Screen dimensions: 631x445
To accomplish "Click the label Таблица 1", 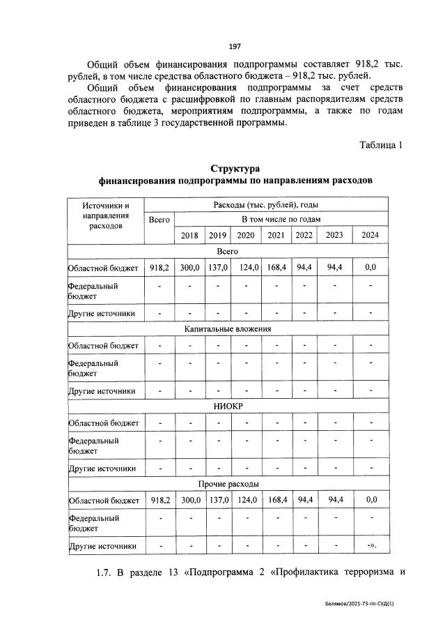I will pos(381,145).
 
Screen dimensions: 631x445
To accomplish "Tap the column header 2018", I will pos(189,235).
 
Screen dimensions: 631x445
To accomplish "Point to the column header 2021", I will pos(276,235).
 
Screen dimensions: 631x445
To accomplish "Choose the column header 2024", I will pos(370,235).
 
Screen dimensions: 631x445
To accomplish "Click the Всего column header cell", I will pos(159,220).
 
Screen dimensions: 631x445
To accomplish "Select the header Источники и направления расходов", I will pos(106,215).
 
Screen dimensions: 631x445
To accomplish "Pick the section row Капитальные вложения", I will pos(228,328).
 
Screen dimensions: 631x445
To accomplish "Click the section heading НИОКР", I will pos(228,406).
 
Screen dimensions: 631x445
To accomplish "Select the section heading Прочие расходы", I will pos(228,483).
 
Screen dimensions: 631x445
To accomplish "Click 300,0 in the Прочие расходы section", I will pos(190,500).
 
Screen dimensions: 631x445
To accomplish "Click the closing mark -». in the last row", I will pos(371,546).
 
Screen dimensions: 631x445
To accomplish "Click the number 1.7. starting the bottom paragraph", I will pos(104,573).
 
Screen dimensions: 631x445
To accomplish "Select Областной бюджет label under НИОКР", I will pos(103,423).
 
